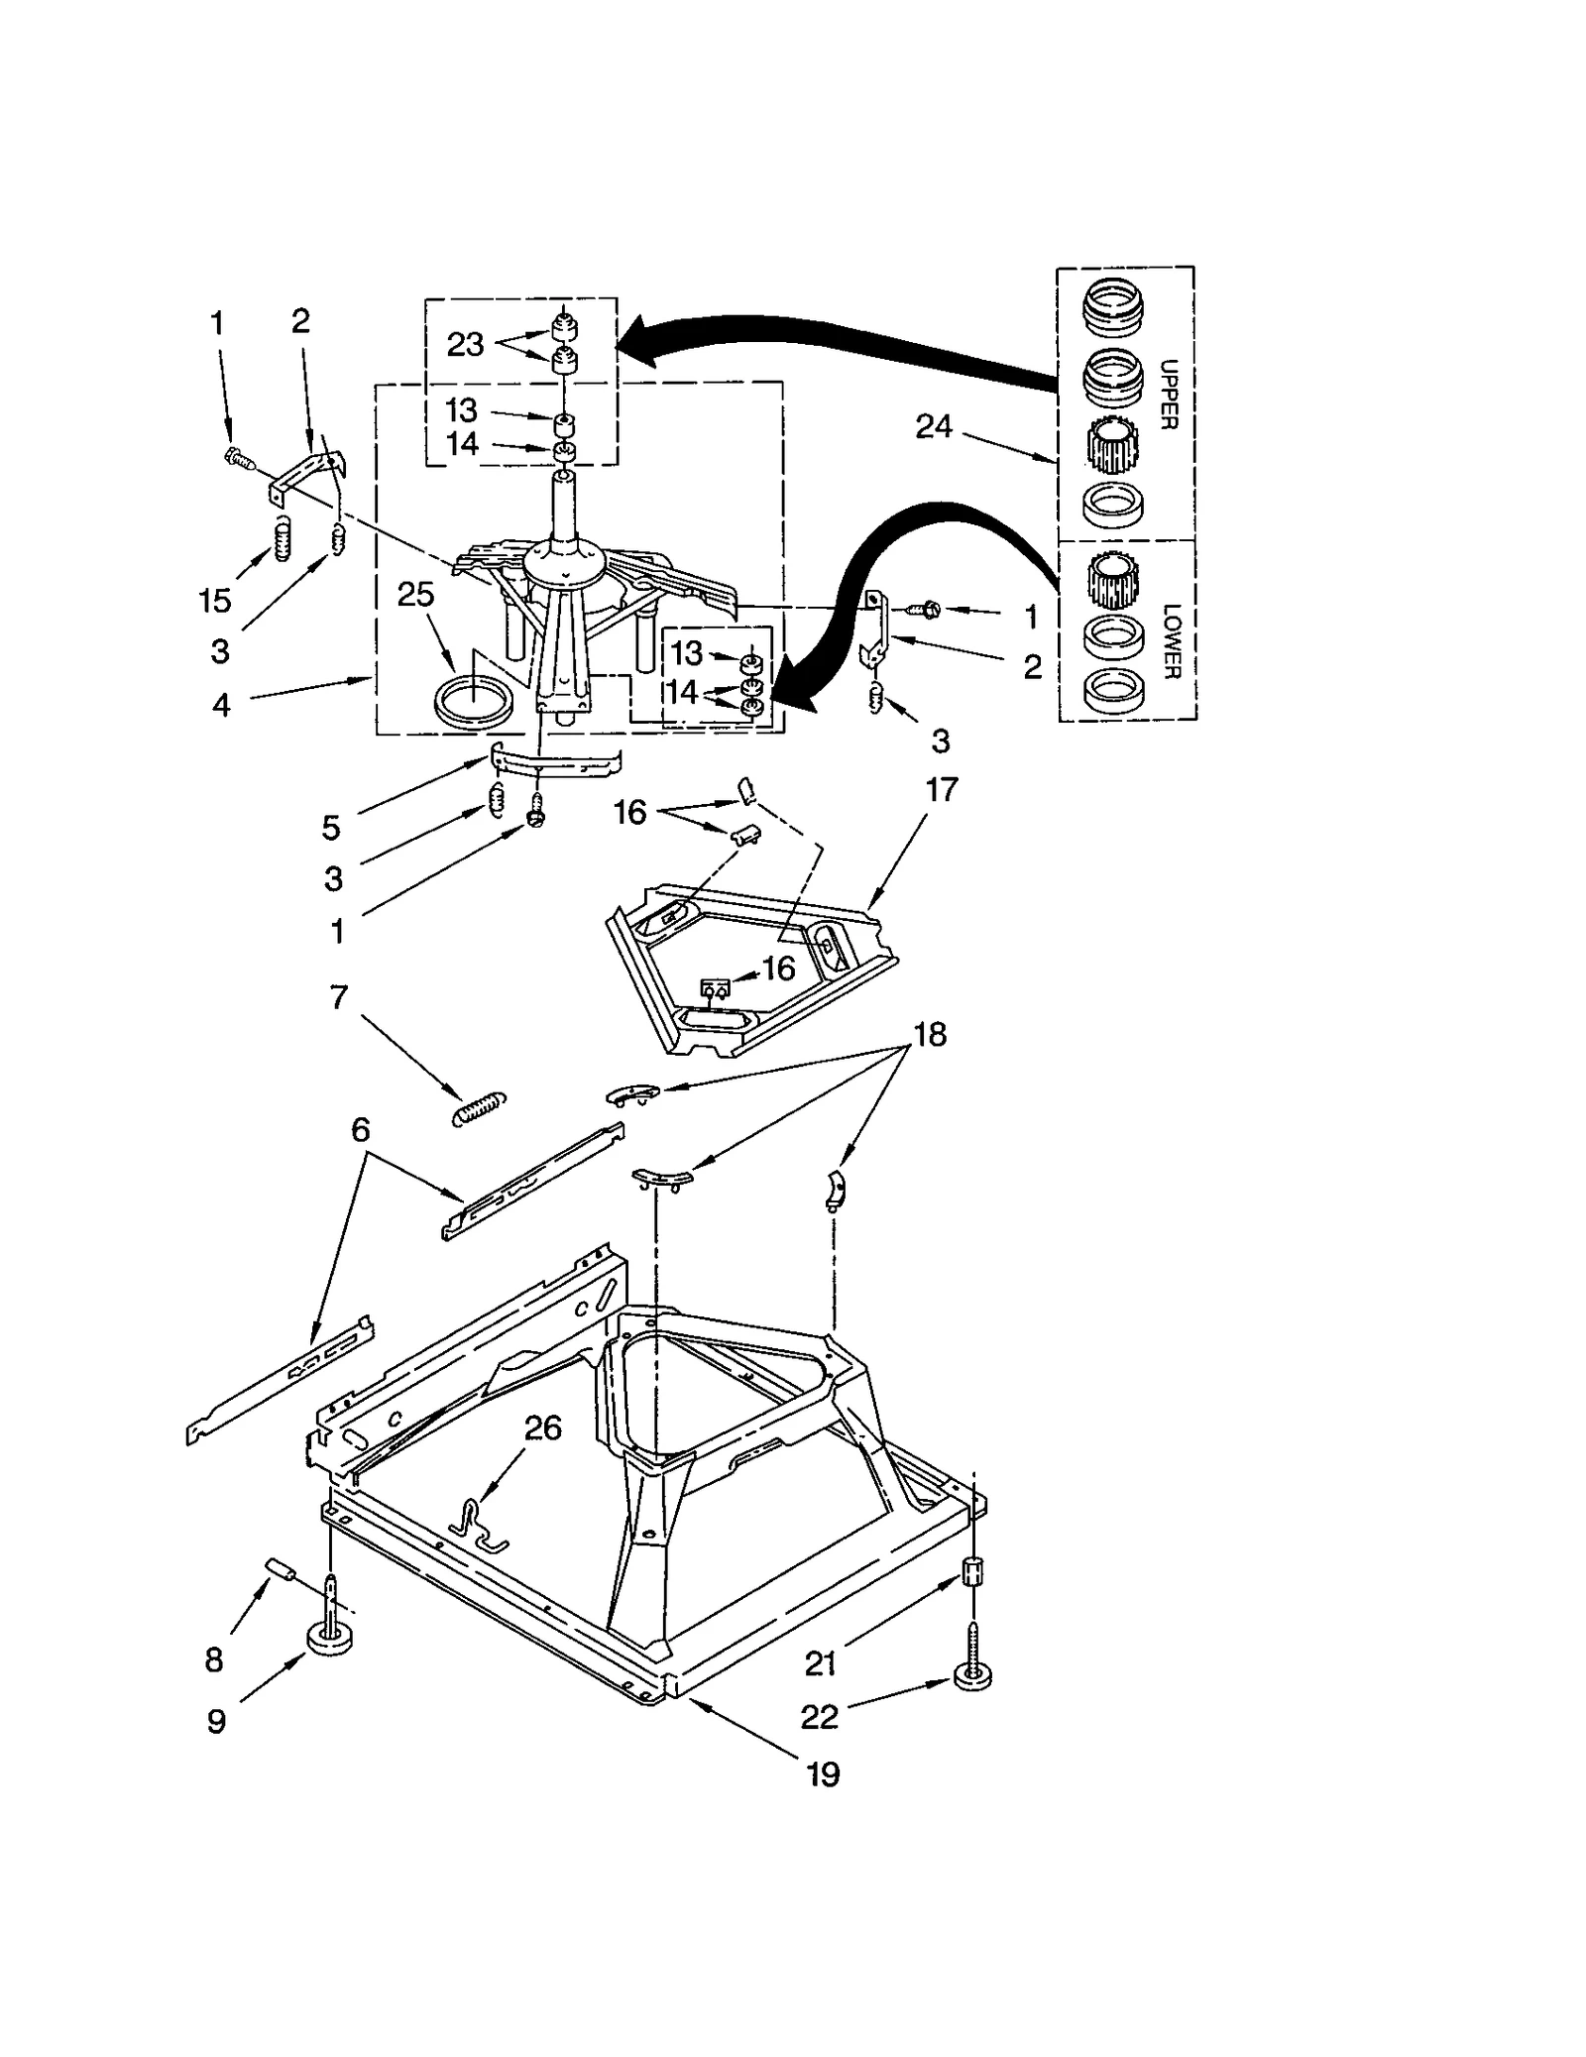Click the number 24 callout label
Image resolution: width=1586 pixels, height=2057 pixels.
point(934,427)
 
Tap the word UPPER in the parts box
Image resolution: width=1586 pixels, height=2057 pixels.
point(1169,394)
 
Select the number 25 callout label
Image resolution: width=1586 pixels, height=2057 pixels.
point(415,595)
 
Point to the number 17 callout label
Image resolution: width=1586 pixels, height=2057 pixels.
point(942,790)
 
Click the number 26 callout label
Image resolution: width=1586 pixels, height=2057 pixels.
point(542,1428)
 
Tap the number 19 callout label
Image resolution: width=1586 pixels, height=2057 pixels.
point(823,1774)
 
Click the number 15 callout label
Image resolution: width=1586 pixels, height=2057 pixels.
point(214,600)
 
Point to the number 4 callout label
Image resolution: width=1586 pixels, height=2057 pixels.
point(221,705)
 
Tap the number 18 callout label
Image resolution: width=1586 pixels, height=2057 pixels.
point(929,1034)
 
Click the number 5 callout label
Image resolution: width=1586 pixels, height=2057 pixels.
point(331,827)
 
